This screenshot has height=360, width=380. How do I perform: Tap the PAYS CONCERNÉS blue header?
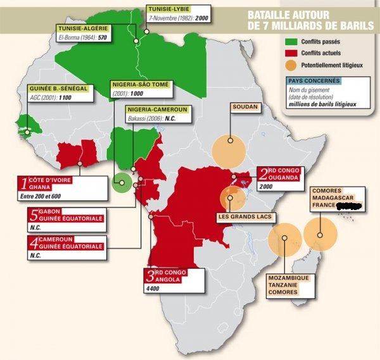tap(313, 81)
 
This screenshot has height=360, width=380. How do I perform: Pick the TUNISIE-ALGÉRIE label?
tap(82, 28)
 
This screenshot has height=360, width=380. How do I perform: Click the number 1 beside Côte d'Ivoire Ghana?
tap(24, 184)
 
